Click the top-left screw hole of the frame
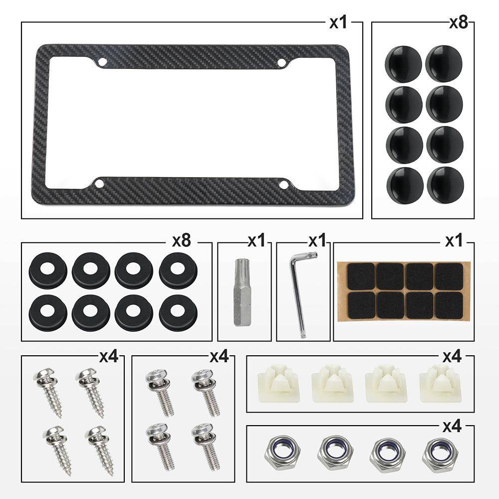[102, 62]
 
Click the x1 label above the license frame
[338, 23]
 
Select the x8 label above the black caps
[459, 22]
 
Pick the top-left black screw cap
[404, 64]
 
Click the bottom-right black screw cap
[445, 185]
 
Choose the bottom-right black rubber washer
[178, 312]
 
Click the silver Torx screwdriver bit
[242, 292]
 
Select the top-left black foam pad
[361, 276]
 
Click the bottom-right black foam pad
[449, 306]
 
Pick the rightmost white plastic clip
[441, 383]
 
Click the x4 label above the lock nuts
[452, 426]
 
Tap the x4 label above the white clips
[452, 357]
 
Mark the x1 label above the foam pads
[454, 241]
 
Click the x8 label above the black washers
[182, 241]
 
